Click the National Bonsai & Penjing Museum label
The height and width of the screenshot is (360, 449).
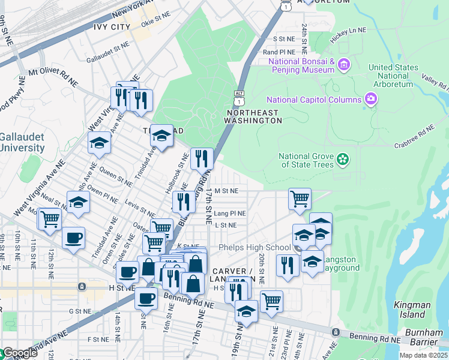point(301,65)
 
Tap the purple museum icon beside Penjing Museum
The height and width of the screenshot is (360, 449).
point(343,64)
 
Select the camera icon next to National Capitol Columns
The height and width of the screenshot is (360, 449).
point(370,99)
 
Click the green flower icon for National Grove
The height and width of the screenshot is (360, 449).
point(342,160)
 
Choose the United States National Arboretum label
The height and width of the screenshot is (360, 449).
point(393,76)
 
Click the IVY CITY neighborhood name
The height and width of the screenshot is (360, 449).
point(112,28)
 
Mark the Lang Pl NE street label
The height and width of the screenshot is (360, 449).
point(230,213)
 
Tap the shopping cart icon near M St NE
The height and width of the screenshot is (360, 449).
point(299,198)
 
